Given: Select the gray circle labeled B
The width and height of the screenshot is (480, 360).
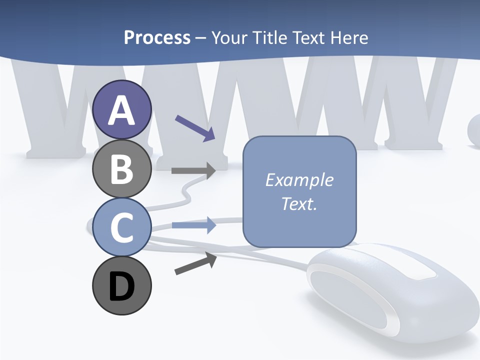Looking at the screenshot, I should click(122, 169).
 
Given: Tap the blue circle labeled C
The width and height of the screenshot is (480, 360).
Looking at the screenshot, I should click(122, 227).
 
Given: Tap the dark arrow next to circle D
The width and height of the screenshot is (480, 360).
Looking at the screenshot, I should click(195, 263).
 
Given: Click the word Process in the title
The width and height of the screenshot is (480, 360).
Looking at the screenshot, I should click(157, 37).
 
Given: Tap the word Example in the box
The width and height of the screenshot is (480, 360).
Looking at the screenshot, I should click(299, 180).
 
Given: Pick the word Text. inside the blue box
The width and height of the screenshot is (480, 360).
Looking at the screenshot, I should click(299, 203).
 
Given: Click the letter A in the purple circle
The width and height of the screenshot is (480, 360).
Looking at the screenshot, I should click(122, 110).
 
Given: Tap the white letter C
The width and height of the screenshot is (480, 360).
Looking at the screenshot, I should click(122, 227).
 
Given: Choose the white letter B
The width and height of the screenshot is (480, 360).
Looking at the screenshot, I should click(122, 169).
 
